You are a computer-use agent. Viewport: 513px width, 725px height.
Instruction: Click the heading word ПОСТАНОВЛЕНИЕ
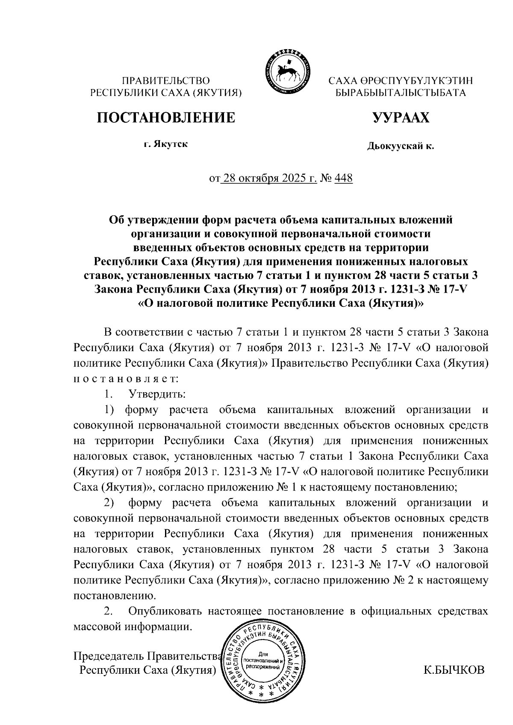(x=165, y=117)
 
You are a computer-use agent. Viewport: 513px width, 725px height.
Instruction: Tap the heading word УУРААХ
(x=401, y=117)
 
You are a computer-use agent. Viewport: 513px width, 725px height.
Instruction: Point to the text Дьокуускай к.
(x=400, y=147)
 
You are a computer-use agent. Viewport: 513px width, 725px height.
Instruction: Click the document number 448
(x=343, y=178)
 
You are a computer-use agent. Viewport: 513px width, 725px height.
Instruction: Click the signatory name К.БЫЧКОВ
(x=454, y=670)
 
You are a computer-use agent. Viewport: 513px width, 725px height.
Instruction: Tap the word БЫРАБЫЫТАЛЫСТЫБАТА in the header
(x=400, y=92)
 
